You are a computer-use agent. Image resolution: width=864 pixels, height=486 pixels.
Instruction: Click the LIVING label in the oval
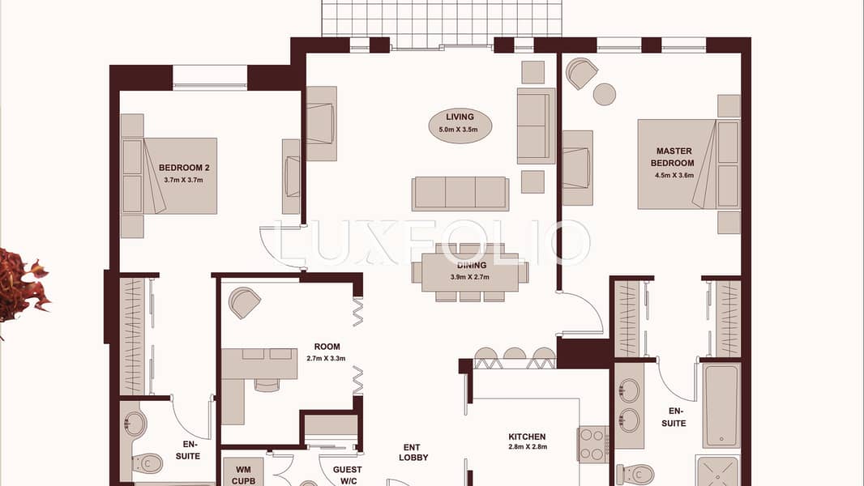tap(460, 117)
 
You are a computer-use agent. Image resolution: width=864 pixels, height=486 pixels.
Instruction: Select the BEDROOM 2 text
tap(184, 168)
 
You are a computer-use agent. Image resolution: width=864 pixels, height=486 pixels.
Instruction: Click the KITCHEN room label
tap(527, 437)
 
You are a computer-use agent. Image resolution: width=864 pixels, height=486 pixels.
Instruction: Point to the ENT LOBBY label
tap(413, 453)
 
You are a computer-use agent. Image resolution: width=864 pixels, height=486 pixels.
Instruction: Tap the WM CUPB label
tap(243, 475)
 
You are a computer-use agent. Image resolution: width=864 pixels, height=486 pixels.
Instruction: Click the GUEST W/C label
tap(347, 475)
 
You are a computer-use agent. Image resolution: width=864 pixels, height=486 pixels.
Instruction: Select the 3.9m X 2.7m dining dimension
tap(469, 277)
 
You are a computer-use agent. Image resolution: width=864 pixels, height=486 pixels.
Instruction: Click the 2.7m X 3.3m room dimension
tap(326, 358)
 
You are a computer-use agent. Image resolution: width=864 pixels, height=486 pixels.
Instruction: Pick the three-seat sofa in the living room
tap(460, 194)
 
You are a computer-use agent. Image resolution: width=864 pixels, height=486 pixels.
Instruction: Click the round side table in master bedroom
tap(605, 94)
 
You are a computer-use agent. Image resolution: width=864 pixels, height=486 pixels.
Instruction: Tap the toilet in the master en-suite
tap(635, 474)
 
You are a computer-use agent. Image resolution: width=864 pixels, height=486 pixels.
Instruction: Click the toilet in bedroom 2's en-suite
tap(147, 463)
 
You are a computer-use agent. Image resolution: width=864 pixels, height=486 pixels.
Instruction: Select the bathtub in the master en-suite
tap(721, 406)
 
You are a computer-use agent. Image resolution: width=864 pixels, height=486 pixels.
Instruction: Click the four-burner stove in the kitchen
tap(593, 444)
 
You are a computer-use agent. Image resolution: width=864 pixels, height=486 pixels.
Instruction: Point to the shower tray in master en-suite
tap(717, 471)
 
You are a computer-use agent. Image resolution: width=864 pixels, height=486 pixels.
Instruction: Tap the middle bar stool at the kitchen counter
tap(514, 358)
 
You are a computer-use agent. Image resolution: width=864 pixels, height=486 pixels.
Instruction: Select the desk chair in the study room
tap(267, 384)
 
